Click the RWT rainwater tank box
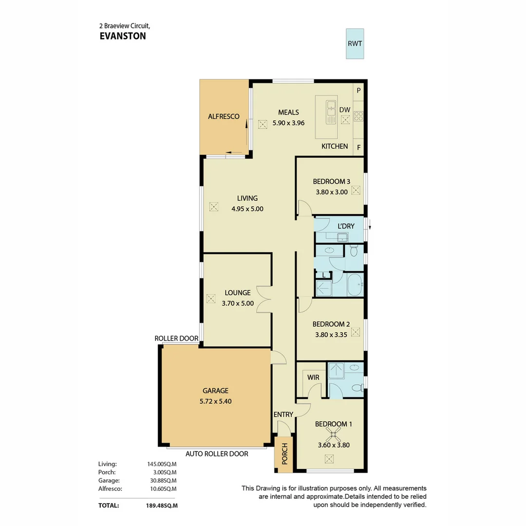[355, 43]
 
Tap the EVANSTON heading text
[122, 36]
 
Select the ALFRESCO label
[224, 116]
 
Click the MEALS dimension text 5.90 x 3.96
[288, 123]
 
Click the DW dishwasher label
[345, 110]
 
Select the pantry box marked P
[359, 90]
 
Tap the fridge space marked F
[359, 147]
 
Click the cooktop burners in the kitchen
[359, 116]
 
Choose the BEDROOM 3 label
[331, 182]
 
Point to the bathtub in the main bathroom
[355, 284]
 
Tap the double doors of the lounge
[264, 299]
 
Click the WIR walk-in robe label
[313, 377]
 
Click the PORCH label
[283, 454]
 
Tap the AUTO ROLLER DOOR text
[217, 454]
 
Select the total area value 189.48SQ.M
[162, 506]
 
